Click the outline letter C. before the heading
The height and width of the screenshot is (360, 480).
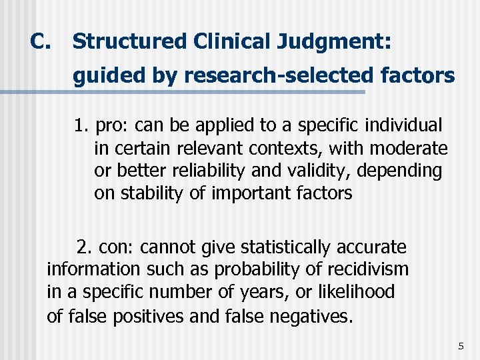pyautogui.click(x=41, y=41)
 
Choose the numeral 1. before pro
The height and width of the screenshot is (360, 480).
pyautogui.click(x=83, y=125)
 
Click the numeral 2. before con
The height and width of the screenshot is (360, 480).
pyautogui.click(x=85, y=247)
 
